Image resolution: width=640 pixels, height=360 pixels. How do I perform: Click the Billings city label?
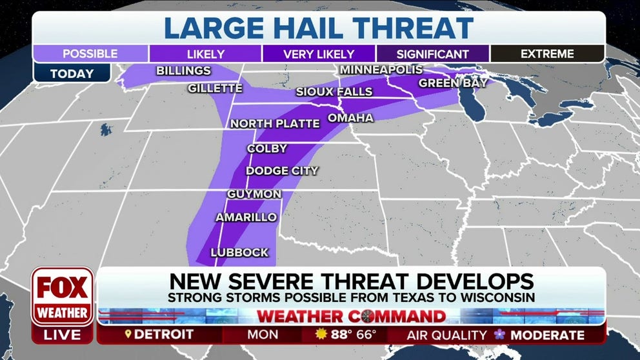(x=184, y=71)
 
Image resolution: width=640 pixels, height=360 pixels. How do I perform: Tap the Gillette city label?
(x=215, y=88)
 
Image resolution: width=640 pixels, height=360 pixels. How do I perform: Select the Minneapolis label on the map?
(x=381, y=70)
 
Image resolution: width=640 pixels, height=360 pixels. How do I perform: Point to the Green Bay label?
(x=448, y=83)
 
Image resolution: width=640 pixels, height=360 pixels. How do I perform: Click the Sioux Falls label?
(x=334, y=92)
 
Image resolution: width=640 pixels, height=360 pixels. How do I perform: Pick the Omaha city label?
(x=350, y=118)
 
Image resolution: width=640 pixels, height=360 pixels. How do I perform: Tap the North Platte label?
(x=275, y=124)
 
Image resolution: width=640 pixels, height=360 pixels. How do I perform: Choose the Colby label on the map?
(x=267, y=149)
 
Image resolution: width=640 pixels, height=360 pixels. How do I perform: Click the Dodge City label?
(x=282, y=171)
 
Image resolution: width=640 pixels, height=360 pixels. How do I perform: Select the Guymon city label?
(x=254, y=194)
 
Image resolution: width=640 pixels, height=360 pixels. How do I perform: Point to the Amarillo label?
(x=246, y=218)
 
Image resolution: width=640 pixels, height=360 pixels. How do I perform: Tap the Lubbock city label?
(x=239, y=253)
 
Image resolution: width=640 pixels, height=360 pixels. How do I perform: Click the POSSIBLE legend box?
(x=90, y=54)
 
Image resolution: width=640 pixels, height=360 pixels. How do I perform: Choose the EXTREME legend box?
(x=547, y=54)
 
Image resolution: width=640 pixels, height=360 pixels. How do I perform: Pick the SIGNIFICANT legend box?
(x=433, y=54)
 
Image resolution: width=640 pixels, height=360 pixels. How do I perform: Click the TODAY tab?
(x=72, y=74)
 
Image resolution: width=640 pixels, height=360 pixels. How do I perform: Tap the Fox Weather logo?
(x=63, y=297)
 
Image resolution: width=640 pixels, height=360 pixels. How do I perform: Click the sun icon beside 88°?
(x=322, y=335)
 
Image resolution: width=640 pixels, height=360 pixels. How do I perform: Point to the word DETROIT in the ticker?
(x=164, y=335)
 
